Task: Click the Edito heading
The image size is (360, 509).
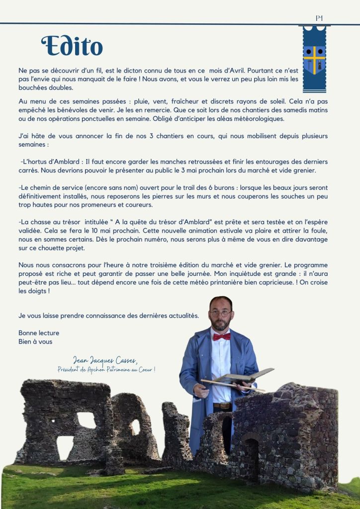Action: click(72, 46)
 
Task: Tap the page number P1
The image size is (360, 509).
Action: click(319, 18)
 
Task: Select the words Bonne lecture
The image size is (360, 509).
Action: click(39, 333)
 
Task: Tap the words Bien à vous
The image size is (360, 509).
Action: click(35, 341)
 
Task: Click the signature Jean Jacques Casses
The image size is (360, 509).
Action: click(104, 360)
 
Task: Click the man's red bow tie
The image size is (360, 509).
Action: click(222, 337)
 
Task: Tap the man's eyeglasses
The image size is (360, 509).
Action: click(221, 314)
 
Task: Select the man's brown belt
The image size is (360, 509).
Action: click(222, 406)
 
